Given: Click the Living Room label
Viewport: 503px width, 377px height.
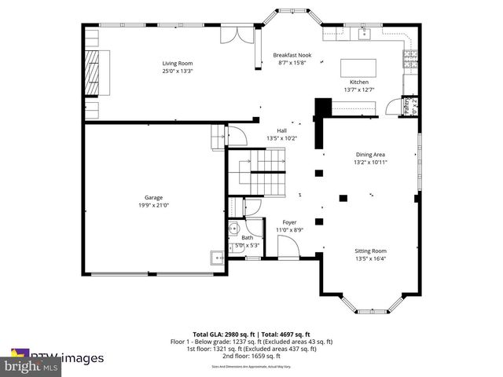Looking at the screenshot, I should click(x=177, y=63).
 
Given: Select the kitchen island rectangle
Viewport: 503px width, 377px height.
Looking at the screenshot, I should click(x=358, y=67).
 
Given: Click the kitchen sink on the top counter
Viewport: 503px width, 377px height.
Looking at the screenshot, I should click(x=364, y=33).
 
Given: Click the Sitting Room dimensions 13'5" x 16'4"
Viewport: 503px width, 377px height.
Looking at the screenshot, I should click(x=371, y=258).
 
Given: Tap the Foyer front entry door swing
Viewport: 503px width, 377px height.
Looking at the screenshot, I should click(x=288, y=247).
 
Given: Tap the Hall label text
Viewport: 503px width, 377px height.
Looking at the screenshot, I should click(x=281, y=131).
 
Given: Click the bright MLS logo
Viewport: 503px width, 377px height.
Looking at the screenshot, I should click(x=31, y=366).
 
